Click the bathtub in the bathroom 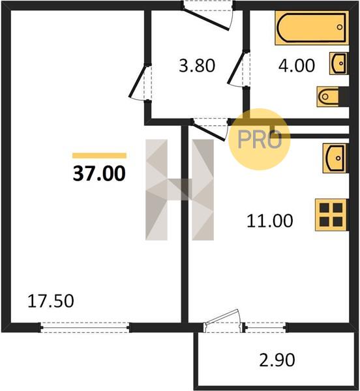(x=312, y=27)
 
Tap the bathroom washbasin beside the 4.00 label (x=339, y=63)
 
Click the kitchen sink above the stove (x=336, y=158)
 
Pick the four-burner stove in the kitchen (x=331, y=214)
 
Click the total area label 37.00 (x=99, y=174)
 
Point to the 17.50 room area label (x=51, y=301)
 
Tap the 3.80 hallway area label (x=197, y=66)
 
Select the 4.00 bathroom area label (x=297, y=66)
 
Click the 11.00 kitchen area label (x=270, y=221)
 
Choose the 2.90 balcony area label (x=277, y=360)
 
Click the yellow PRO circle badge (x=260, y=139)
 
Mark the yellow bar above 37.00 (x=99, y=156)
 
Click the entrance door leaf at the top (x=205, y=20)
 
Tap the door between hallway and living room (x=138, y=81)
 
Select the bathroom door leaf (x=236, y=67)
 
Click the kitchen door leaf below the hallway (x=209, y=131)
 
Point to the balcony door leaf (x=221, y=317)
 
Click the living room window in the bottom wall (x=85, y=327)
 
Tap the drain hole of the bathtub (x=340, y=27)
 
